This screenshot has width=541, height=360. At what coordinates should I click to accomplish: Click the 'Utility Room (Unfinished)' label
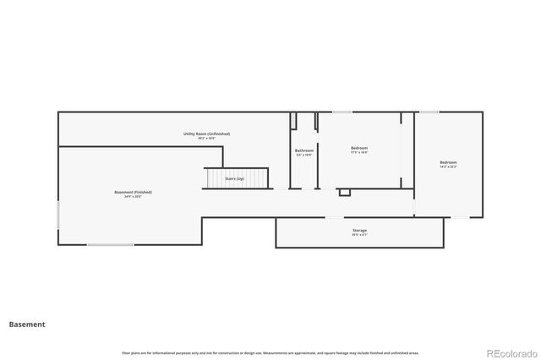point(206,134)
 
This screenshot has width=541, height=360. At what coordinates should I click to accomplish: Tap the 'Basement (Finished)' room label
point(133,192)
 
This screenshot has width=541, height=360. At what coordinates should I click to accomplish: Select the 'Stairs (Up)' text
point(235,178)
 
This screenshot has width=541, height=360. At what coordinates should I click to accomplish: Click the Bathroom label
point(303,150)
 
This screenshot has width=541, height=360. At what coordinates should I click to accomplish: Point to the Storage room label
point(359,230)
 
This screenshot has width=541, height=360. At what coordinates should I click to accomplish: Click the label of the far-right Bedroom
point(447,162)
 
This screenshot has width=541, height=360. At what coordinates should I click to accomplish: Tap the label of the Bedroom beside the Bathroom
point(358,148)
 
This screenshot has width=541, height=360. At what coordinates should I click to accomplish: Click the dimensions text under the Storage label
point(359,235)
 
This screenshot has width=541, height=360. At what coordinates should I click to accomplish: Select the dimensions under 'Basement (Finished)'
point(133,197)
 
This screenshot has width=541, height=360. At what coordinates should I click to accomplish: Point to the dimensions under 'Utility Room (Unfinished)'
point(206,139)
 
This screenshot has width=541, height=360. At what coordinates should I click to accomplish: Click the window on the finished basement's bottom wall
point(110,245)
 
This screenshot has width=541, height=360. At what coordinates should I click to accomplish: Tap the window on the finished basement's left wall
point(58,214)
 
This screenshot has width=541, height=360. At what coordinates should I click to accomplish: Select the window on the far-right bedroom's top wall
point(429,112)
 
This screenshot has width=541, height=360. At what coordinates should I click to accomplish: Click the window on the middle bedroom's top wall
point(342,112)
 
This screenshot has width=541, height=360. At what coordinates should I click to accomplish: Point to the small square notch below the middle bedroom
point(344,193)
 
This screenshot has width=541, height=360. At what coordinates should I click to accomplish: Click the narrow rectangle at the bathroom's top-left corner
point(293,121)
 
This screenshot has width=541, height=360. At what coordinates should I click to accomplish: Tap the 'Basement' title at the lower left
point(27,325)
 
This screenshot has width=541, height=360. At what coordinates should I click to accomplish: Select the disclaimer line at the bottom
point(270,352)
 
